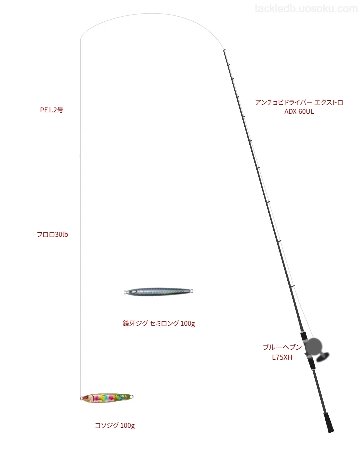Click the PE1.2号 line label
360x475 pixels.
[52, 110]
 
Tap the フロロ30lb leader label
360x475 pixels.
[52, 234]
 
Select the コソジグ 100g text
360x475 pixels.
[115, 425]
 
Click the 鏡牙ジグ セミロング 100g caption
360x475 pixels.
[159, 323]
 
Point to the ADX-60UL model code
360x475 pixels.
[299, 112]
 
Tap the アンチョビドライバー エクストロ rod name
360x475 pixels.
[299, 102]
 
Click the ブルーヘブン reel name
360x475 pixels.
[282, 347]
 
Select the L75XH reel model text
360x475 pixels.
[282, 357]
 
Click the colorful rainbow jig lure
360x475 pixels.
[107, 397]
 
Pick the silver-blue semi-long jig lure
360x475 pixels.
[158, 291]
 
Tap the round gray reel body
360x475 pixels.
[313, 346]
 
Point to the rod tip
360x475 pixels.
[224, 50]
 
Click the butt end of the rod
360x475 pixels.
[331, 431]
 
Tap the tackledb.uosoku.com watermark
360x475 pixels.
[306, 9]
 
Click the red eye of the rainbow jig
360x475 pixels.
[87, 397]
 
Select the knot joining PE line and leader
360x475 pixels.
[80, 156]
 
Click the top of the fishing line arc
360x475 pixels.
[151, 13]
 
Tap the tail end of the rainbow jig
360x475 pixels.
[132, 396]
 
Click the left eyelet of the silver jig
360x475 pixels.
[125, 292]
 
